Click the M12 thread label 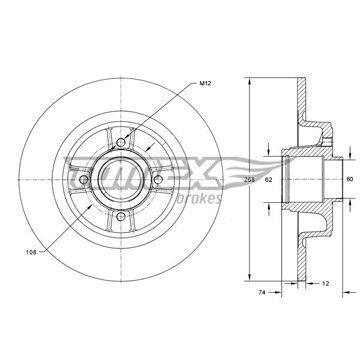205,83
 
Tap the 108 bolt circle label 31,252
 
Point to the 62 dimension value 269,180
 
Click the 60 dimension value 350,179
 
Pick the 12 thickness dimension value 326,284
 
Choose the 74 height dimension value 262,293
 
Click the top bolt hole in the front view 121,143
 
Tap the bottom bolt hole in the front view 121,216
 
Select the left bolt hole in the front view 84,180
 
